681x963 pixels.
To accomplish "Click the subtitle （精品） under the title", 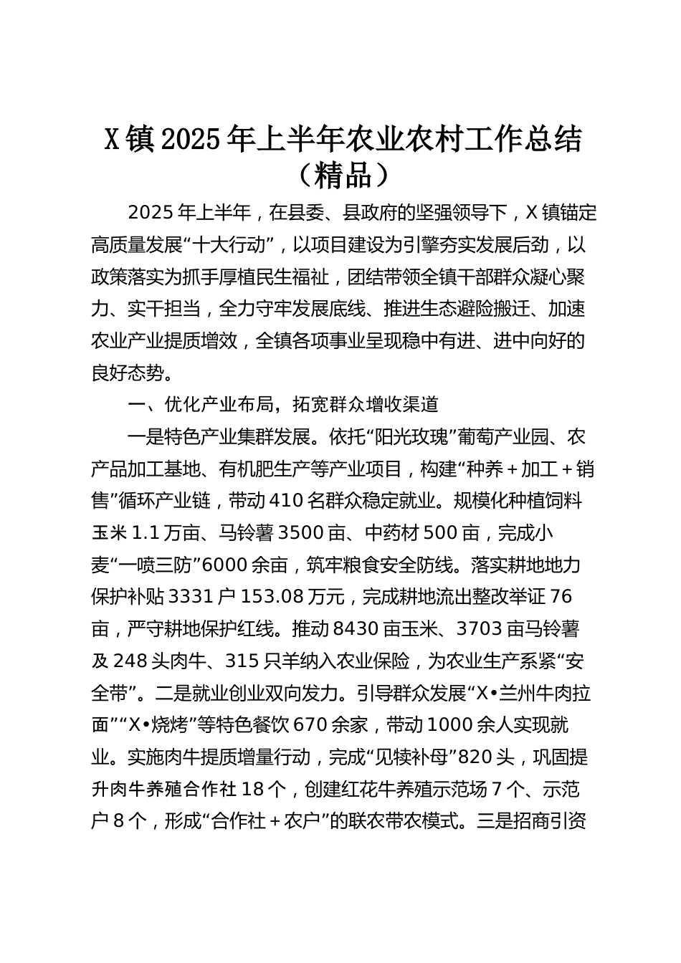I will (341, 175).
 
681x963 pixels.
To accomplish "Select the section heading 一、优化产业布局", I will (201, 404).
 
